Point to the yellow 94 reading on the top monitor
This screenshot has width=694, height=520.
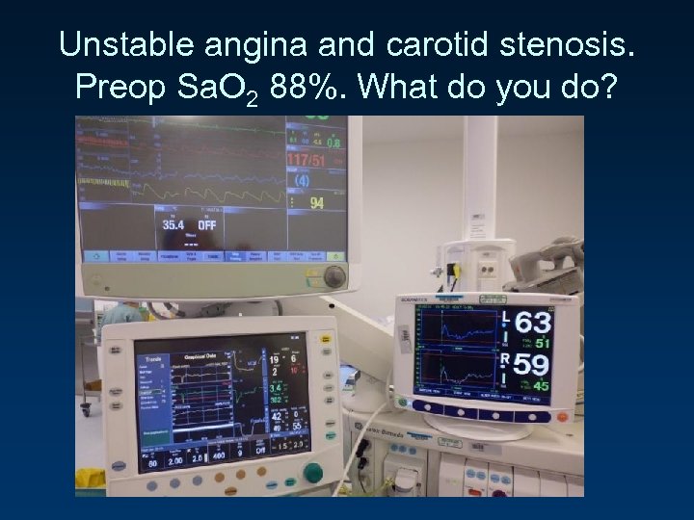[x=317, y=203]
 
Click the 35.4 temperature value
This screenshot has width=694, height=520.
[x=173, y=225]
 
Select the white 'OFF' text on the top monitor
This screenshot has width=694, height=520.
[x=205, y=225]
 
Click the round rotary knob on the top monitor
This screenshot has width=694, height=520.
[x=334, y=276]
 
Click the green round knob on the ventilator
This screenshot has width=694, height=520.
[x=312, y=472]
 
